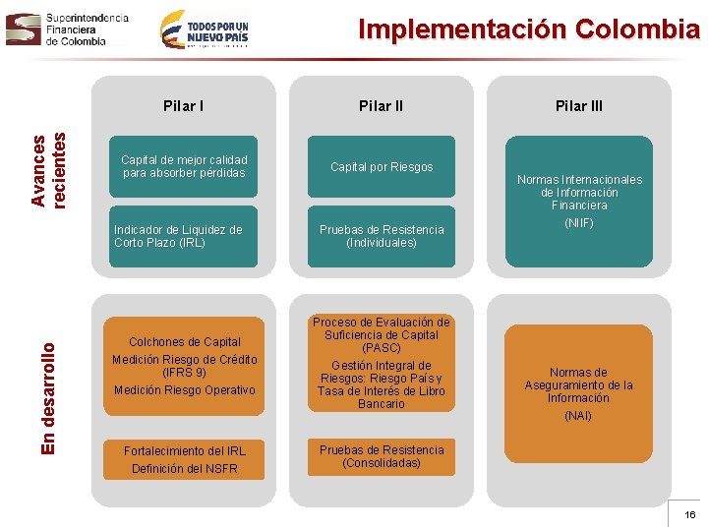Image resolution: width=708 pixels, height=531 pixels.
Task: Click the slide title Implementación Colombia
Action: [528, 29]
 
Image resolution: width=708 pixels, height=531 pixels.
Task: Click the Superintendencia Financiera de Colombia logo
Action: [67, 29]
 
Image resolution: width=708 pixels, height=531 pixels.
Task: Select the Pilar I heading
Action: [184, 105]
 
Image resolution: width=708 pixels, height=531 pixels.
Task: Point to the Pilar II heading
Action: [381, 106]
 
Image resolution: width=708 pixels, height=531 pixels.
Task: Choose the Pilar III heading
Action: [579, 106]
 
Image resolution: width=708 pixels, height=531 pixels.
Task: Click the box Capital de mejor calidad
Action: [184, 166]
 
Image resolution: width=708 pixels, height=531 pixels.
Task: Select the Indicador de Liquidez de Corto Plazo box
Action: [184, 236]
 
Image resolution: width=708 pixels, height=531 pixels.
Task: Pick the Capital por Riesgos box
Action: [382, 167]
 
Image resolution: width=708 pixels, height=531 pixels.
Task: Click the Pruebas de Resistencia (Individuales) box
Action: [382, 236]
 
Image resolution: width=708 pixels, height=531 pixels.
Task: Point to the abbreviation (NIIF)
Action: [579, 223]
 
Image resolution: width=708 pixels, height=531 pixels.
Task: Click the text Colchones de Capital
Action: [184, 342]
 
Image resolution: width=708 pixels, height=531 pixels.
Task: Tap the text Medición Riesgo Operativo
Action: [184, 390]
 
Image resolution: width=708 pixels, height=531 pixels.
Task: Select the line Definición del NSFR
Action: [184, 469]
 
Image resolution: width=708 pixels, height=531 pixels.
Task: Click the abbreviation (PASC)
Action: [382, 348]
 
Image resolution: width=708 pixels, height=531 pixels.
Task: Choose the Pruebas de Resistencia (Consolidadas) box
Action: [382, 456]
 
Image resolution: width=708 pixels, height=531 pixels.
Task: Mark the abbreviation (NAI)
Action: [578, 416]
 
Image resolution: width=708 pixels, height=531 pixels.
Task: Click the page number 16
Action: [689, 514]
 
